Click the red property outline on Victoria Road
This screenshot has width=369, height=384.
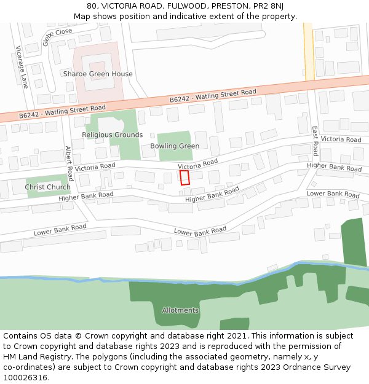coord(184,178)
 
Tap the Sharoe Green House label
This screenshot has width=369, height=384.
coord(98,74)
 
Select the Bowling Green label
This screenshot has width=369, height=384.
coord(175,146)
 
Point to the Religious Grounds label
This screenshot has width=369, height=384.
coord(113,135)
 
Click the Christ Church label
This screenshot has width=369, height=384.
coord(48,187)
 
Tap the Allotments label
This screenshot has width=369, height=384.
coord(180,310)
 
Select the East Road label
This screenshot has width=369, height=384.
coord(315,141)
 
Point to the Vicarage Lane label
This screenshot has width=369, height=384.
coord(22,67)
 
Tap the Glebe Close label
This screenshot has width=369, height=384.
coord(57,36)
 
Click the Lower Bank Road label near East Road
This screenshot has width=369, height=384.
coord(333,194)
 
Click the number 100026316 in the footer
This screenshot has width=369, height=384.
coord(26,378)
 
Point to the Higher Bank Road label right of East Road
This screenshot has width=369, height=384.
coord(335,167)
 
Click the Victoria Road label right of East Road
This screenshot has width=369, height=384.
coord(341,139)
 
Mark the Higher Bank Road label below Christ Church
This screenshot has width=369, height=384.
coord(86,197)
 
